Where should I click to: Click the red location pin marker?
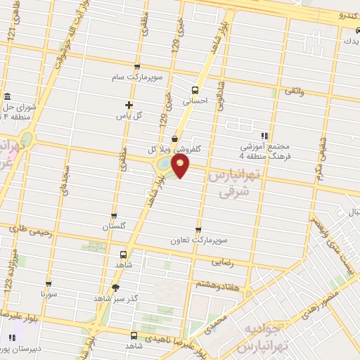click(181, 166)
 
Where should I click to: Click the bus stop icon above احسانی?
click(195, 89)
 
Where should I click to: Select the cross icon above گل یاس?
click(128, 105)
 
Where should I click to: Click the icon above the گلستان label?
click(114, 216)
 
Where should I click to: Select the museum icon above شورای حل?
click(7, 96)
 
